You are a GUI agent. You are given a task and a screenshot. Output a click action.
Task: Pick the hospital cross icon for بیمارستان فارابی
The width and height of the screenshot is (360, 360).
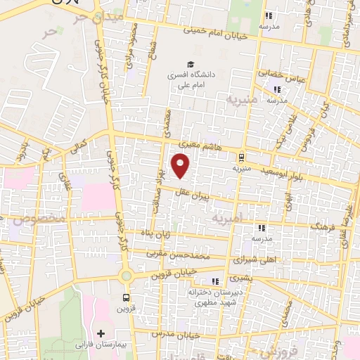point(101,333)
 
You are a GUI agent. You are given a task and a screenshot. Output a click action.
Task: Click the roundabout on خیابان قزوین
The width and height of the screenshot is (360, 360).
point(127,276)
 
